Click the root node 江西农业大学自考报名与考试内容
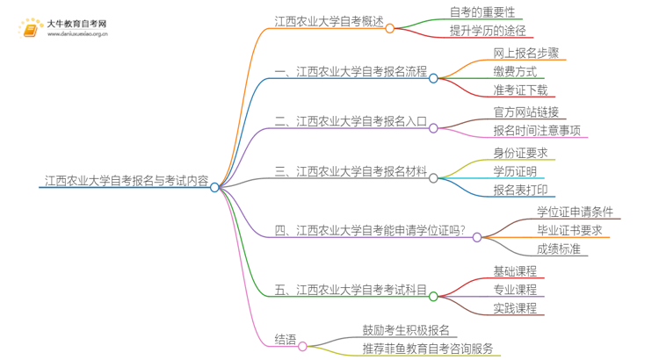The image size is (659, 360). pos(127,182)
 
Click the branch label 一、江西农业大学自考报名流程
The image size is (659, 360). pos(351,73)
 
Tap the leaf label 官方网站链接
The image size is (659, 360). pos(525,112)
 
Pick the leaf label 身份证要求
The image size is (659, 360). pos(521,154)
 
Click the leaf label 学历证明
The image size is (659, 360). pos(515,172)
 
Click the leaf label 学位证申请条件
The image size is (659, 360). pos(580,212)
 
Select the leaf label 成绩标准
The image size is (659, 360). pos(558,249)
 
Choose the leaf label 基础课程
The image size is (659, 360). pos(515,270)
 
